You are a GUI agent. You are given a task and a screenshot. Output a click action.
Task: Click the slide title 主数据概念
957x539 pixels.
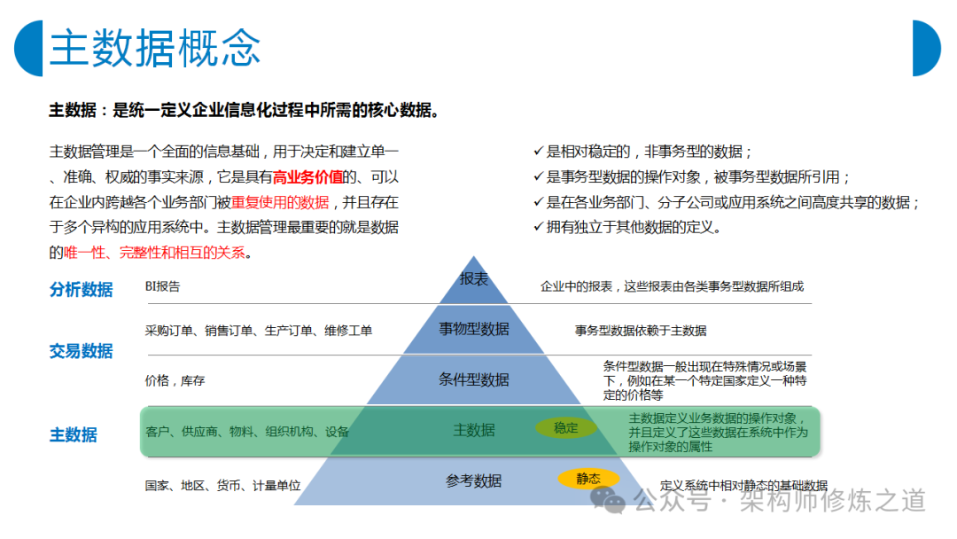point(155,48)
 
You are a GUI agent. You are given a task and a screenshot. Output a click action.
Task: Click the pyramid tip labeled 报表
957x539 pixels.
point(473,282)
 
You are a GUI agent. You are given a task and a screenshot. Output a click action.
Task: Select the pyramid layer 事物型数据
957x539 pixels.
point(473,329)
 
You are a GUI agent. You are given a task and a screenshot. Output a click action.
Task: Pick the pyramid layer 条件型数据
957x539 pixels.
point(473,379)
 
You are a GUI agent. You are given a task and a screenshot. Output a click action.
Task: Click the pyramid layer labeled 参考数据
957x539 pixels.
point(473,481)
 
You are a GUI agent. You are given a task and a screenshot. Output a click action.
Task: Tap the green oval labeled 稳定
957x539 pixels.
point(565,428)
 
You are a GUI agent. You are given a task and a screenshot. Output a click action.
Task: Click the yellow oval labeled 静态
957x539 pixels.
point(588,479)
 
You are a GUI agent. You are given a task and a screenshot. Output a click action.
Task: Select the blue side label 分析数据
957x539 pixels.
point(82,289)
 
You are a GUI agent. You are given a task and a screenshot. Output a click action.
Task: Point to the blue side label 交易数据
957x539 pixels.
point(82,351)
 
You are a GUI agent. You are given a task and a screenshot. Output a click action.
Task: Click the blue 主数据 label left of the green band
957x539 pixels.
point(74,434)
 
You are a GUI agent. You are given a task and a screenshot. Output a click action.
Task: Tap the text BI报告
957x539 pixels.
point(162,286)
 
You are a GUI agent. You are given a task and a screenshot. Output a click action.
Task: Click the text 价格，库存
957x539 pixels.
point(175,381)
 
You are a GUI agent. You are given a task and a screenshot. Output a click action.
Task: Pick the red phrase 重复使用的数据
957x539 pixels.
point(280,202)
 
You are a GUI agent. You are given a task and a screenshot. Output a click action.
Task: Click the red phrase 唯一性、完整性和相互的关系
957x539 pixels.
point(154,252)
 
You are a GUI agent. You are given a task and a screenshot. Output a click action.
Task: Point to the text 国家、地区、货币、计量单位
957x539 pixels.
point(222,486)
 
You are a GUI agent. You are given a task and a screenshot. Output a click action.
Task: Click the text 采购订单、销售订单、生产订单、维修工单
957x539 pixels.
point(258,331)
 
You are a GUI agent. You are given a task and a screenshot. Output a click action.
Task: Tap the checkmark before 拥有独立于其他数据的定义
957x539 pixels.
point(539,226)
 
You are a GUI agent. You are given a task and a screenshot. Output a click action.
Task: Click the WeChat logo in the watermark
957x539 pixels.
point(608,500)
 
